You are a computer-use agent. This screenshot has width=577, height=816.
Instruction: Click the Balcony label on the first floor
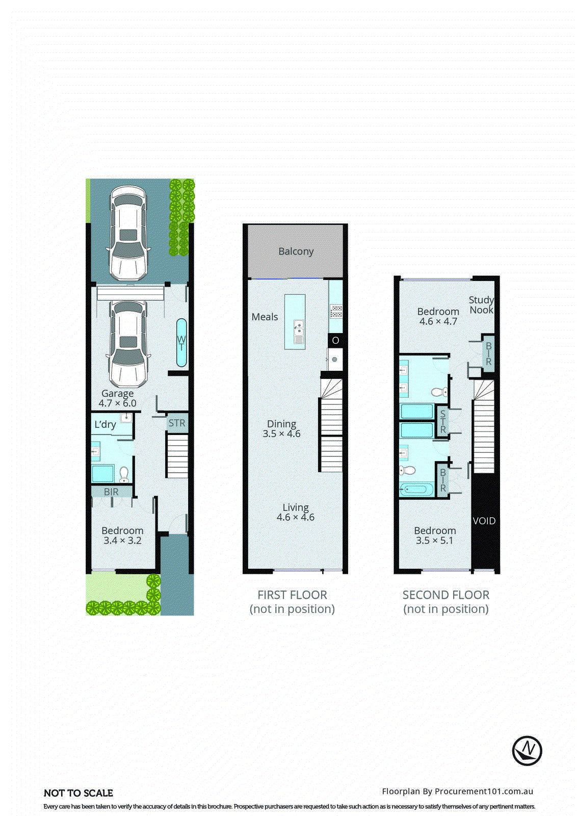pyautogui.click(x=296, y=251)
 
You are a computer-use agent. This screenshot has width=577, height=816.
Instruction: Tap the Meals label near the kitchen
pyautogui.click(x=265, y=317)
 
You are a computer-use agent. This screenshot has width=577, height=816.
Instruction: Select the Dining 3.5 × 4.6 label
pyautogui.click(x=281, y=428)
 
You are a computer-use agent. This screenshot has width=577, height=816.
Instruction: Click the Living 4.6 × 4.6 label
pyautogui.click(x=296, y=512)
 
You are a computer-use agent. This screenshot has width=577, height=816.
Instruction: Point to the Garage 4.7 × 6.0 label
pyautogui.click(x=117, y=398)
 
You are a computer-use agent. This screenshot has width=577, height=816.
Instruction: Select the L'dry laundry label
pyautogui.click(x=105, y=424)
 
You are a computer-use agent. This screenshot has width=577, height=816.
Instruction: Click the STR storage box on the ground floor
pyautogui.click(x=177, y=423)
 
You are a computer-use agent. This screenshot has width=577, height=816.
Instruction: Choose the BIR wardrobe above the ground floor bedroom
pyautogui.click(x=111, y=492)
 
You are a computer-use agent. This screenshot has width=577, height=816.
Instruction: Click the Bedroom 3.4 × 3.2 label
pyautogui.click(x=122, y=535)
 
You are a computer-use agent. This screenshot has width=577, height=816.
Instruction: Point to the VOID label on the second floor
pyautogui.click(x=484, y=521)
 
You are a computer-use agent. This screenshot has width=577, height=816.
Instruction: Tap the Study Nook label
pyautogui.click(x=481, y=304)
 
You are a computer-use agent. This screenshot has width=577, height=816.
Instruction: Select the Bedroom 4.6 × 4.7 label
pyautogui.click(x=438, y=316)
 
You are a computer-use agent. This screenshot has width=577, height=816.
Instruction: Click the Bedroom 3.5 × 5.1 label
pyautogui.click(x=435, y=535)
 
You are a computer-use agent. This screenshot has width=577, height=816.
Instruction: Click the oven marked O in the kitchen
pyautogui.click(x=335, y=340)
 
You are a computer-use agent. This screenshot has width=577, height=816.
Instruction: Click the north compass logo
pyautogui.click(x=527, y=750)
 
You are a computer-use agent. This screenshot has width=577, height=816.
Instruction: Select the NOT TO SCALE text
pyautogui.click(x=78, y=793)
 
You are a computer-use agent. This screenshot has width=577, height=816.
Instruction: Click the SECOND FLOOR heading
pyautogui.click(x=446, y=595)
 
